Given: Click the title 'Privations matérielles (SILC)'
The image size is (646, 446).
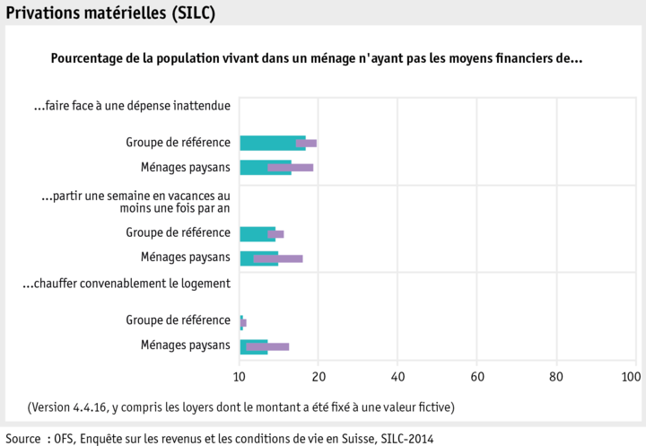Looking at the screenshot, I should click(x=110, y=13).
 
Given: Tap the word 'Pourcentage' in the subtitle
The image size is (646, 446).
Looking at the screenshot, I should click(x=86, y=58).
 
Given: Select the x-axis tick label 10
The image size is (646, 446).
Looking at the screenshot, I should click(x=240, y=376).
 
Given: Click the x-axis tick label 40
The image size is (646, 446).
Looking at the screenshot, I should click(x=397, y=376).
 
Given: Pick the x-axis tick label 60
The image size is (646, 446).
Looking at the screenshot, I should click(x=477, y=376).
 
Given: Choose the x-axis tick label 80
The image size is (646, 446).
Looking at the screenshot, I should click(x=556, y=376).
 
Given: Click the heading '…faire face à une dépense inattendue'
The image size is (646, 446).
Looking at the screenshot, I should click(x=132, y=106).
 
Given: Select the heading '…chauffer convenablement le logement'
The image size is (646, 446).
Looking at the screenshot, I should click(x=127, y=284).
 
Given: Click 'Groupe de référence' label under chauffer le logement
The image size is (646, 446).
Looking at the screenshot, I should click(x=178, y=320).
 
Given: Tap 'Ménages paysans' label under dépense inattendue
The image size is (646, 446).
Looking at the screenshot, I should click(x=185, y=167).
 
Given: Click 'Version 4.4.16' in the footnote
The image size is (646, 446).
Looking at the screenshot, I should click(x=71, y=407).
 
